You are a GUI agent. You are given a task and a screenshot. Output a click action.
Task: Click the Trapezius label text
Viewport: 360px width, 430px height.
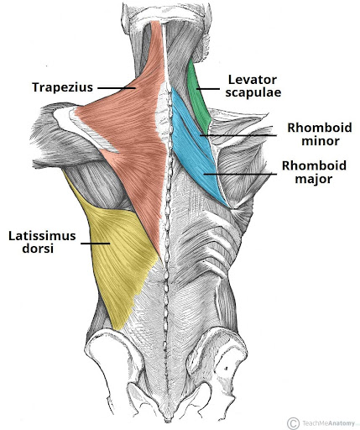pyautogui.click(x=62, y=87)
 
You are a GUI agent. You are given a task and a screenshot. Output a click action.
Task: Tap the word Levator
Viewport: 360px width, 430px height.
pyautogui.click(x=253, y=80)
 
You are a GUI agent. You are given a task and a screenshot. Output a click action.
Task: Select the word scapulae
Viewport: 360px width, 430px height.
pyautogui.click(x=253, y=92)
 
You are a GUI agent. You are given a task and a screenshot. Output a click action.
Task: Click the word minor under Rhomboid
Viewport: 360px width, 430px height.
pyautogui.click(x=321, y=140)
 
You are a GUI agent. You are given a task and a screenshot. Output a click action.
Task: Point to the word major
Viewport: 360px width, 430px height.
pyautogui.click(x=314, y=179)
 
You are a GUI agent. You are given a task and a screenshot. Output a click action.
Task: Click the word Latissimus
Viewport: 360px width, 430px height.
pyautogui.click(x=42, y=236)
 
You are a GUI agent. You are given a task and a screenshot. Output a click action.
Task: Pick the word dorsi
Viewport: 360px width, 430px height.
pyautogui.click(x=38, y=249)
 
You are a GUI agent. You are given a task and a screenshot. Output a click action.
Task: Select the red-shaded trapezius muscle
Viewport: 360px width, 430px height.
pyautogui.click(x=132, y=126)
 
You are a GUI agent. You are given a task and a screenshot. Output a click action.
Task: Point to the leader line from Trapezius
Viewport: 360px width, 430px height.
pyautogui.click(x=117, y=88)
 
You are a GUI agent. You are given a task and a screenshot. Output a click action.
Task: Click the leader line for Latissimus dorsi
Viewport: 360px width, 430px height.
pyautogui.click(x=95, y=244)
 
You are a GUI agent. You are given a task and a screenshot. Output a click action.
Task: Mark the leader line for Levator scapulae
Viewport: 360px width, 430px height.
pyautogui.click(x=208, y=89)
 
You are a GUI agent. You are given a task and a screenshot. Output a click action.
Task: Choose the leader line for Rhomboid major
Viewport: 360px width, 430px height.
pyautogui.click(x=240, y=174)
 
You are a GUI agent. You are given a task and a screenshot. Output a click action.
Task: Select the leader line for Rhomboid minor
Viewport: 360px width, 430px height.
pyautogui.click(x=238, y=135)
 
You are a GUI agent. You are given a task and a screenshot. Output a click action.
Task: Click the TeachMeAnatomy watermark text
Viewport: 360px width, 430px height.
pyautogui.click(x=328, y=422)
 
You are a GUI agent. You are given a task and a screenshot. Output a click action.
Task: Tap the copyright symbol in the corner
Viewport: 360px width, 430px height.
pyautogui.click(x=293, y=422)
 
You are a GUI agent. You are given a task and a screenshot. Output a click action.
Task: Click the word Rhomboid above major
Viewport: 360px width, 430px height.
pyautogui.click(x=314, y=165)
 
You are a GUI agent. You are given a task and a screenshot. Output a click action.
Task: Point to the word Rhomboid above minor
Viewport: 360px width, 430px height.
pyautogui.click(x=320, y=128)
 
